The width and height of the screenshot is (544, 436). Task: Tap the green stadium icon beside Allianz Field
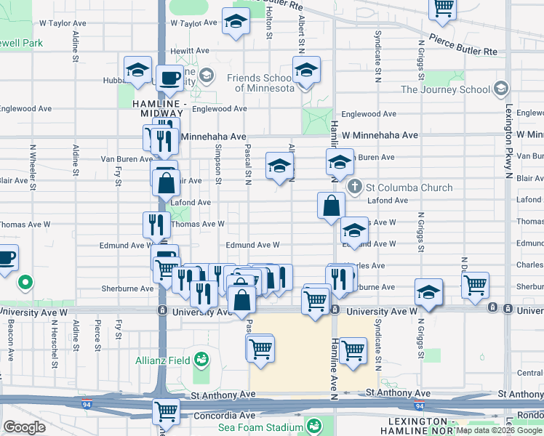pos(201,358)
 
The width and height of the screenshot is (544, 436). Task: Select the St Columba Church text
pos(410,187)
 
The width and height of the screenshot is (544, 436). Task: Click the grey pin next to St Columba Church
pos(355,187)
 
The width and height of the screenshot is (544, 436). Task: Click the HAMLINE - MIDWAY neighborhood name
pos(159,109)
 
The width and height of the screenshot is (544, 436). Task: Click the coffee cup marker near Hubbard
pos(170,78)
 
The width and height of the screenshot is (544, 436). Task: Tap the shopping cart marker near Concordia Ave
pos(167,411)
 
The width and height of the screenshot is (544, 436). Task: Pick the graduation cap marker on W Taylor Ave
pos(236,23)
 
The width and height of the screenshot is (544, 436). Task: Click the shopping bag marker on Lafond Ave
pos(331,206)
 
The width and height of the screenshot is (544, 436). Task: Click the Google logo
pos(24,427)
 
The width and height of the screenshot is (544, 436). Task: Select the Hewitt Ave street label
pos(191,51)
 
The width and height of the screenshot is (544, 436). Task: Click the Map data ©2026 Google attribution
pos(499,430)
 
